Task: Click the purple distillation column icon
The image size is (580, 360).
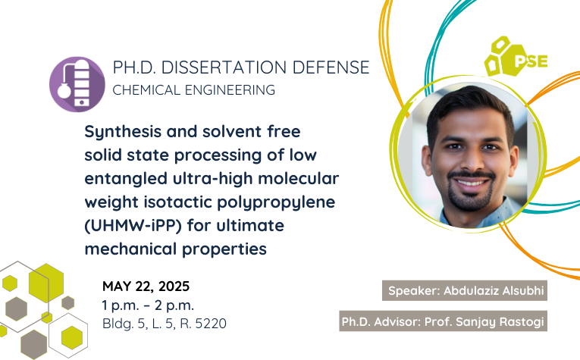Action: (x=77, y=84)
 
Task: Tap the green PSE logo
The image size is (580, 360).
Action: (x=516, y=57)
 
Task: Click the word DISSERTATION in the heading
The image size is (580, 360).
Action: (x=224, y=67)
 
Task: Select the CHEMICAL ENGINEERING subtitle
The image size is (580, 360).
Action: (x=194, y=90)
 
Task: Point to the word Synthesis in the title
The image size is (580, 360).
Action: (x=123, y=132)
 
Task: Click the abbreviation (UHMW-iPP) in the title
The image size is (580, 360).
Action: (x=133, y=225)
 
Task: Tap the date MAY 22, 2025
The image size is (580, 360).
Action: (x=146, y=286)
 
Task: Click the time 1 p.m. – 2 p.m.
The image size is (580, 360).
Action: (x=148, y=305)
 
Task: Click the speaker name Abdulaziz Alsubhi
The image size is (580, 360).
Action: (x=494, y=290)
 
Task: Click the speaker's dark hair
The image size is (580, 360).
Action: (x=469, y=106)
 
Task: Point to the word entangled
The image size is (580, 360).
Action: (x=126, y=179)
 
